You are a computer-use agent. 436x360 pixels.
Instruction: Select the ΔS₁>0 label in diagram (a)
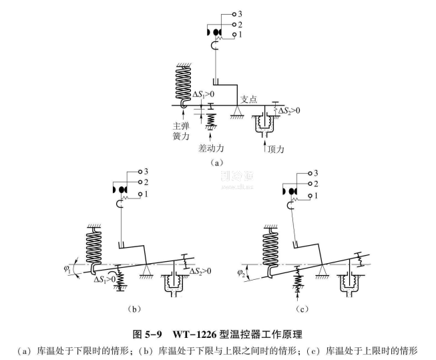pos(204,95)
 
